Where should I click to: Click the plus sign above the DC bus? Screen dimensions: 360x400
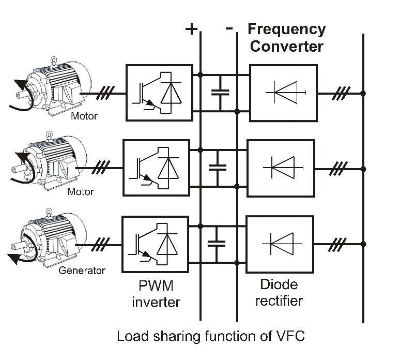point(192,28)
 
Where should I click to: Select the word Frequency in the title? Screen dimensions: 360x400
point(287,29)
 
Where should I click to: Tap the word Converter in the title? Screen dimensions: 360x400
point(287,46)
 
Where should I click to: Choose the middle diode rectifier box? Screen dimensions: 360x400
point(280,168)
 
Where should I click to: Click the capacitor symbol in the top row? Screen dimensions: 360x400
point(220,93)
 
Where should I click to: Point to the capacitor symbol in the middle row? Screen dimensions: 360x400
point(217,168)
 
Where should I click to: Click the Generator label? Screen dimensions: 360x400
point(82,270)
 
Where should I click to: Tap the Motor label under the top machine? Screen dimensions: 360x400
point(83,116)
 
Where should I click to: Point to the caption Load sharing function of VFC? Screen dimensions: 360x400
point(211,336)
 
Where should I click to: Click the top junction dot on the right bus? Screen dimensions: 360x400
point(363,94)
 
